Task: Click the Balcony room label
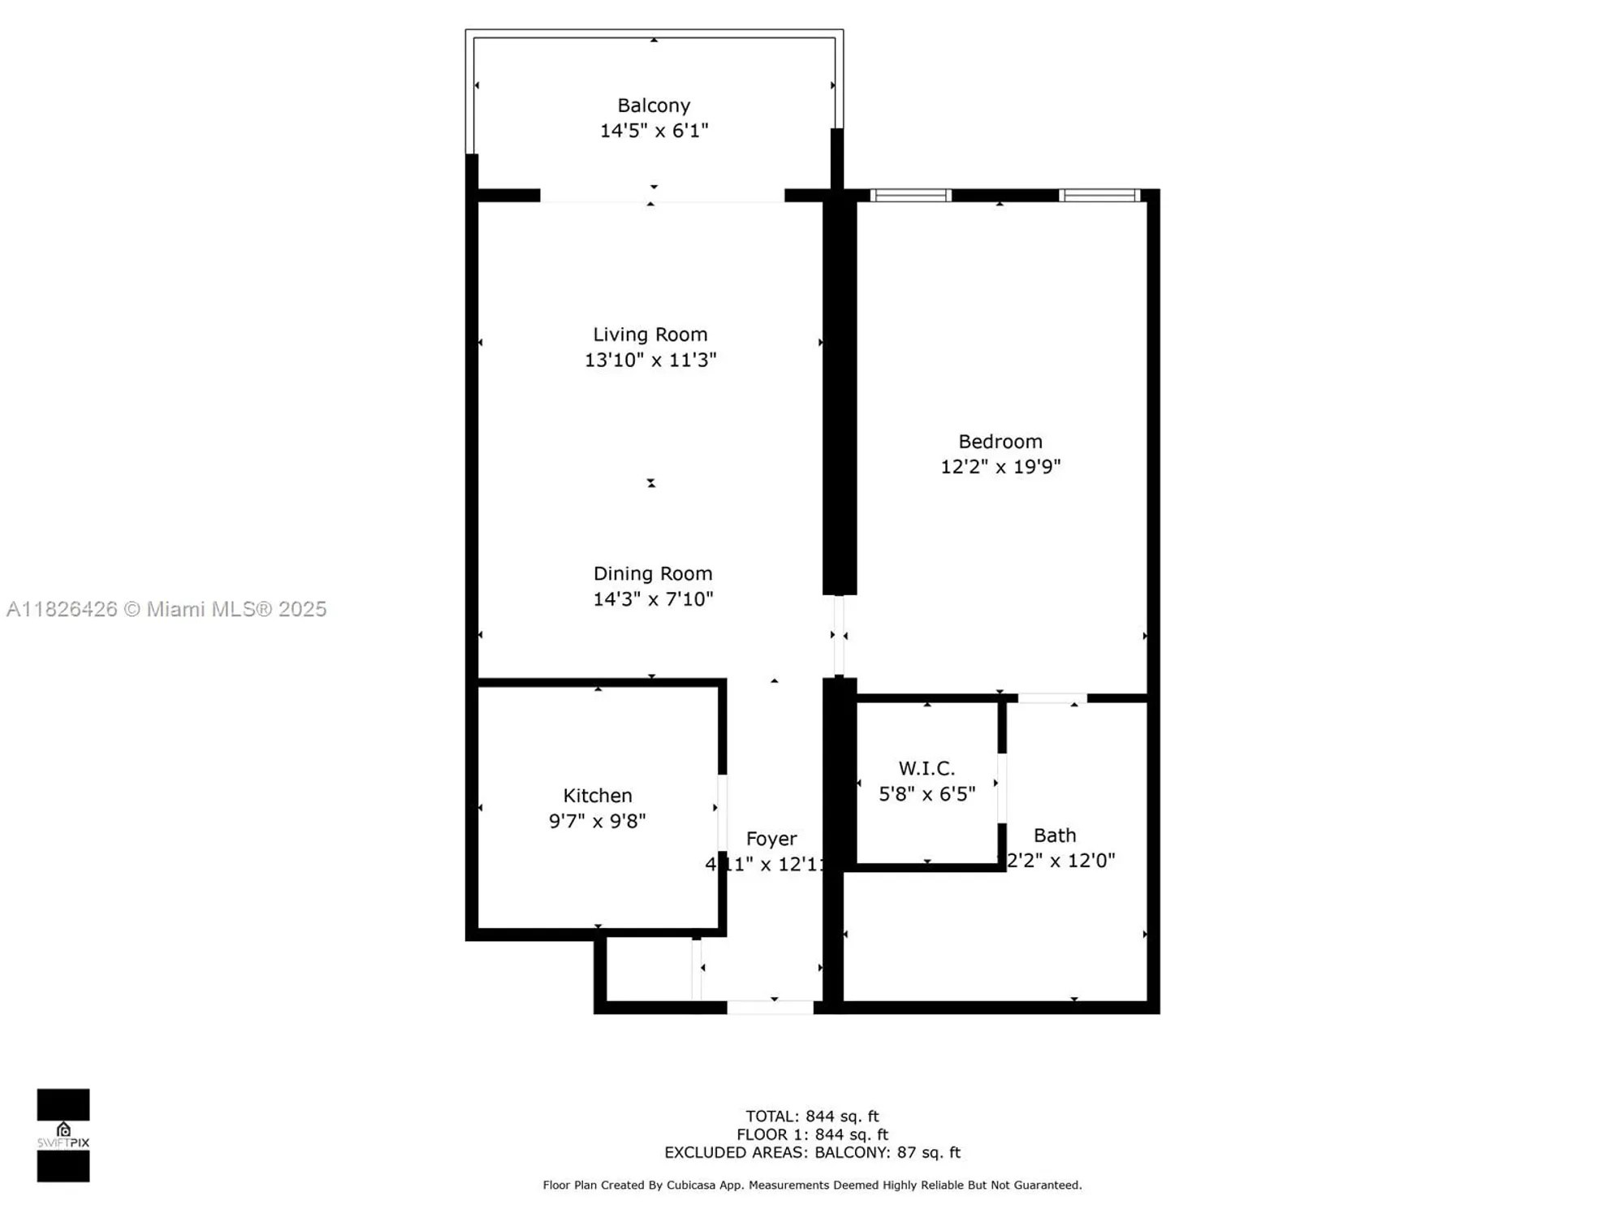(x=654, y=106)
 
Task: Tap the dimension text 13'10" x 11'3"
(x=650, y=360)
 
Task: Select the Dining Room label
(x=653, y=573)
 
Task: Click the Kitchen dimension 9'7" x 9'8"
(x=597, y=821)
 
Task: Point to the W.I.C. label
(x=926, y=768)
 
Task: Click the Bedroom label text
(x=1000, y=442)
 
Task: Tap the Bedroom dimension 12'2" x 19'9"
(x=1000, y=467)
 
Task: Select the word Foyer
(x=771, y=839)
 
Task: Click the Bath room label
(x=1055, y=836)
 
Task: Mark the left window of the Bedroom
(x=910, y=196)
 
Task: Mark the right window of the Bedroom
(x=1099, y=196)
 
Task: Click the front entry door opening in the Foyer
(x=770, y=1008)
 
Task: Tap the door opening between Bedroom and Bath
(x=1052, y=698)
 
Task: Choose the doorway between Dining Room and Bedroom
(x=839, y=636)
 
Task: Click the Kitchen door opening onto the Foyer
(x=722, y=813)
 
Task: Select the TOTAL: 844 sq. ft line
(x=812, y=1116)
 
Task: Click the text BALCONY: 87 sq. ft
(x=888, y=1153)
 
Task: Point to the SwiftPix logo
(x=63, y=1135)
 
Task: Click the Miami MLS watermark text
(x=166, y=609)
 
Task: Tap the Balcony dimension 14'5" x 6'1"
(x=654, y=131)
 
